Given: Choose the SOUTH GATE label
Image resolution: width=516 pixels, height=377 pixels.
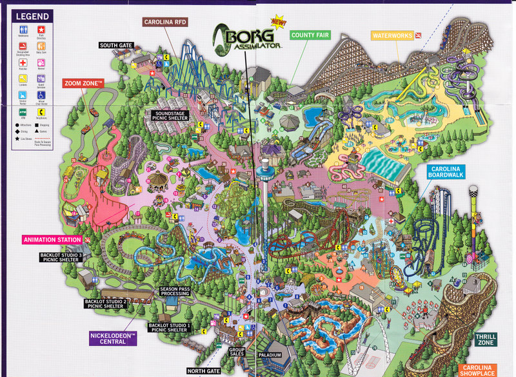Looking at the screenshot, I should click(x=116, y=46).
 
